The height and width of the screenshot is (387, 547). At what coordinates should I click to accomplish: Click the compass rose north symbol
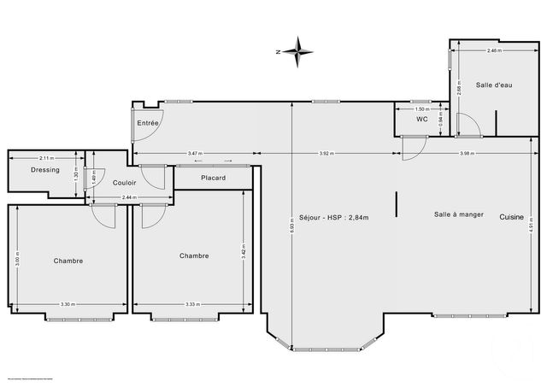(298, 52)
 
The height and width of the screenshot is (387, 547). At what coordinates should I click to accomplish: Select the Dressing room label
(44, 170)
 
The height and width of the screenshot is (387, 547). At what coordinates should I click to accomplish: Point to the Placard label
(213, 178)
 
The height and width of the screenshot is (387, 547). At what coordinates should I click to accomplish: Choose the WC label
(421, 119)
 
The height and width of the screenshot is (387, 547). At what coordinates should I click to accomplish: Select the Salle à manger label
(457, 214)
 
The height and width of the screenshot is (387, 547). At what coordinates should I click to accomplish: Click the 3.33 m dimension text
(191, 304)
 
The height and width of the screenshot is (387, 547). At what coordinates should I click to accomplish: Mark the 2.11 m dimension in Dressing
(46, 157)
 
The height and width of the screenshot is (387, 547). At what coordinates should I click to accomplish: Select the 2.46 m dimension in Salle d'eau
(494, 51)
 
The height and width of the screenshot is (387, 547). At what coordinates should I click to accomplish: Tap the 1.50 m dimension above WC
(421, 109)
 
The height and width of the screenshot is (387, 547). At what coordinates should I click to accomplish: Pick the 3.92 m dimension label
(326, 153)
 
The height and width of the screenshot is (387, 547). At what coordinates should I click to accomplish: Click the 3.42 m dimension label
(245, 253)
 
